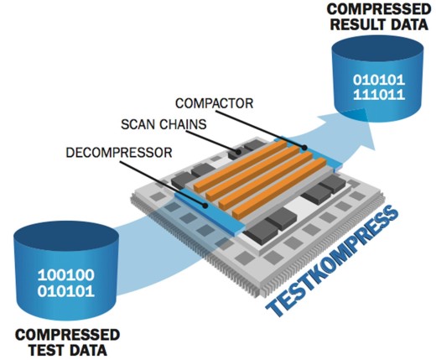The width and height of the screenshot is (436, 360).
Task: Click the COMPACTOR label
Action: (x=214, y=103)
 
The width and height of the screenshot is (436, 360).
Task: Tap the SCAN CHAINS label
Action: (x=163, y=124)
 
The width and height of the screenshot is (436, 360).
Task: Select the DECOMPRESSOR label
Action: (x=119, y=153)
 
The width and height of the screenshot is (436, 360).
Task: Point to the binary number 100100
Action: (x=66, y=275)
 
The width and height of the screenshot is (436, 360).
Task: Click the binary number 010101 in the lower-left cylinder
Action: (x=66, y=292)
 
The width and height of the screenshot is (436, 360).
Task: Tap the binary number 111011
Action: (x=379, y=95)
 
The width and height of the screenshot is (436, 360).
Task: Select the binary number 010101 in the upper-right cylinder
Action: (x=379, y=81)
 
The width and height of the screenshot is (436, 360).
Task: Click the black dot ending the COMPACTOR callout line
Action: (x=304, y=148)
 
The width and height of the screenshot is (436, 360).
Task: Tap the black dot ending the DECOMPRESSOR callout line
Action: (x=205, y=206)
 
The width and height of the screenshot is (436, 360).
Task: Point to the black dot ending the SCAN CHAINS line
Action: (x=238, y=152)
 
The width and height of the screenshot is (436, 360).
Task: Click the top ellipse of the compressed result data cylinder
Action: (x=377, y=48)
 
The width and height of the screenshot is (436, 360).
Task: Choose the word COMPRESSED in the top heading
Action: (x=379, y=9)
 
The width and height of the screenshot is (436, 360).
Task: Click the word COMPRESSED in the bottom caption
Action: (x=68, y=335)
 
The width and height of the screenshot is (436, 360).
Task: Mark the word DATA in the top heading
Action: (x=408, y=24)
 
